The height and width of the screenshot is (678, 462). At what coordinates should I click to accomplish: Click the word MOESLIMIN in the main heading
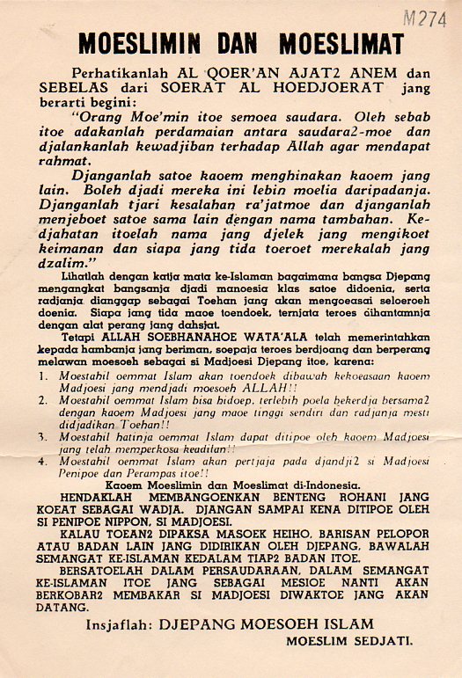pos(138,44)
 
